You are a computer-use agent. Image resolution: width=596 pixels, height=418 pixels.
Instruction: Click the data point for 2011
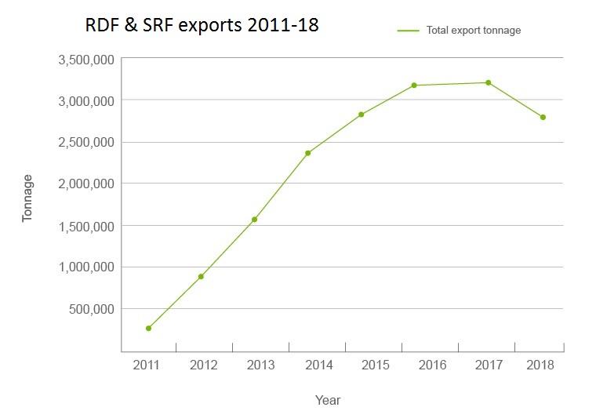point(148,328)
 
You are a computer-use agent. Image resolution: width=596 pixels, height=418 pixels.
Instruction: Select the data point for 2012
point(201,276)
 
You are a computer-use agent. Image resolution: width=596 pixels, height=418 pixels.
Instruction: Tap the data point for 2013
point(254,220)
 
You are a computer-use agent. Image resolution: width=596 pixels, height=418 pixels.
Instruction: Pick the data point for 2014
point(307,153)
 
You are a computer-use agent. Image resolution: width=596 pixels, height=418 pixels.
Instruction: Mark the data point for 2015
point(362,114)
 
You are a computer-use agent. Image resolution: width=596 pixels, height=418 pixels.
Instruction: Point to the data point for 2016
point(414,85)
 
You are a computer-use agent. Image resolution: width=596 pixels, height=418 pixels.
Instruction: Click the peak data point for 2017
point(488,82)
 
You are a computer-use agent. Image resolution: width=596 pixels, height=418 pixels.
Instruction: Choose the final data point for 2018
point(543,117)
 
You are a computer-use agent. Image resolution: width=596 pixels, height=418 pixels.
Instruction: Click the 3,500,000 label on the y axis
point(86,60)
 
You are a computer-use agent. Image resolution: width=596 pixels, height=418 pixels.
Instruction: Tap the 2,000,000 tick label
point(86,184)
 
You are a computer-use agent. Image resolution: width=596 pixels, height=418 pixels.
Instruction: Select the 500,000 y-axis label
point(92,309)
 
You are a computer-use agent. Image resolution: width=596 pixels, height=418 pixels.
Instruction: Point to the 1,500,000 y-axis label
point(86,226)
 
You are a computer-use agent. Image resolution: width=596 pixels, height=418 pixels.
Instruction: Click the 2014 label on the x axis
point(319,365)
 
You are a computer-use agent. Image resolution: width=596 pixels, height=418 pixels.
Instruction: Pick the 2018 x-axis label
point(541,365)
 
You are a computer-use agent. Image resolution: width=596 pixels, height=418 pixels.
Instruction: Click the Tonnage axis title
point(28,198)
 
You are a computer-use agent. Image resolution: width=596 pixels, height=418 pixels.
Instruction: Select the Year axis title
point(328,400)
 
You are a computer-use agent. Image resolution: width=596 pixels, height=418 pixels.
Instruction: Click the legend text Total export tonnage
point(474,31)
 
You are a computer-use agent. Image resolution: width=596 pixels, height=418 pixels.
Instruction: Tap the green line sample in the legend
point(409,31)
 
